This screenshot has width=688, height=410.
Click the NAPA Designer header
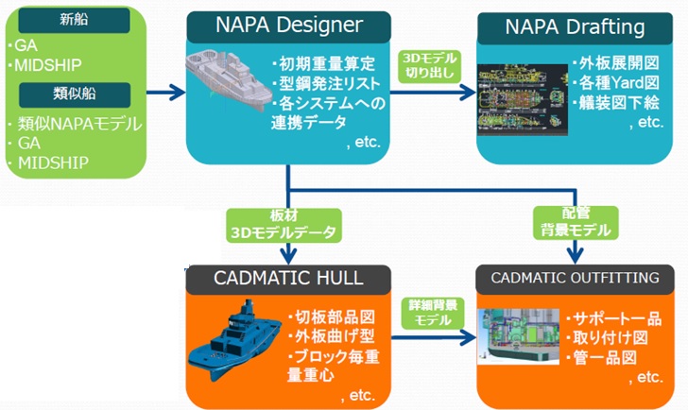point(289,26)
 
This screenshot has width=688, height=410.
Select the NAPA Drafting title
point(575,27)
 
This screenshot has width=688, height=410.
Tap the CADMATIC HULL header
point(288,279)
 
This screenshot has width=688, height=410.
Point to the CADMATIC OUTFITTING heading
point(575,279)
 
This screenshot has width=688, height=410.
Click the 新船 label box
point(74,20)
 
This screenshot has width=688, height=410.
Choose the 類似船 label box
point(75,94)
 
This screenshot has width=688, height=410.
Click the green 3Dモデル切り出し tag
point(430,66)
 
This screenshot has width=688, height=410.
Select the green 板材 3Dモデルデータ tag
point(284,225)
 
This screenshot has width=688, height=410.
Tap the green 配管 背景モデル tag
point(576,223)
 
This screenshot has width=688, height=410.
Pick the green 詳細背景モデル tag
point(433,313)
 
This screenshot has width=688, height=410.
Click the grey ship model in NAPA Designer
point(228,81)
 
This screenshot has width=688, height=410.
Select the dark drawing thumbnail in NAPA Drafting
point(523,99)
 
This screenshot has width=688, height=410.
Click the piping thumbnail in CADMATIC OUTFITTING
point(519,336)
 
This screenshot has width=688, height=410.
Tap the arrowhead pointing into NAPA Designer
point(178,93)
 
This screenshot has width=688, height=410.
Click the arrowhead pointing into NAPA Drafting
point(468,93)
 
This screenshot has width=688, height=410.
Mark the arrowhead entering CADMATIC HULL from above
point(288,256)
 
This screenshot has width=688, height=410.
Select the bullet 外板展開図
point(615,63)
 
